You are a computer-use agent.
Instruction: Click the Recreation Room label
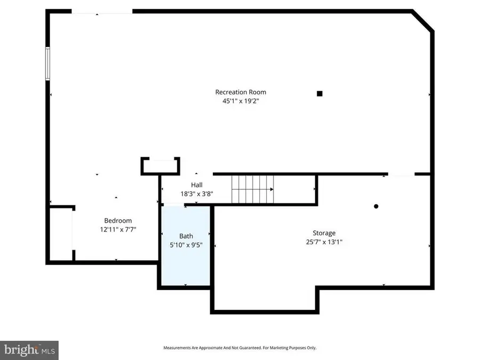[x=240, y=92]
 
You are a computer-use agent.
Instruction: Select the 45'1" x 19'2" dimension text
[x=240, y=101]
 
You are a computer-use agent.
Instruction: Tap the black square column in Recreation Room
[x=319, y=93]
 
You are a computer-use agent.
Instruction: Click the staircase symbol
[x=252, y=189]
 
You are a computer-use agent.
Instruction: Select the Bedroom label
[x=118, y=220]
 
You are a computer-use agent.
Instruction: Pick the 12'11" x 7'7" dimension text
[x=118, y=229]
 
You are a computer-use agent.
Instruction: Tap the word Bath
[x=186, y=236]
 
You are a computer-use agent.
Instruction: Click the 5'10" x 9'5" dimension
[x=186, y=245]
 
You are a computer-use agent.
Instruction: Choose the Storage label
[x=324, y=233]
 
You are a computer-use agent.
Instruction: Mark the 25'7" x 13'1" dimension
[x=324, y=242]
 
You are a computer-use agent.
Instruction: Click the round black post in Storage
[x=376, y=206]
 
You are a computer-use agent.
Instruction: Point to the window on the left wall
[x=47, y=63]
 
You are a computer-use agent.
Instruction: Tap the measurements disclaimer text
[x=239, y=348]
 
